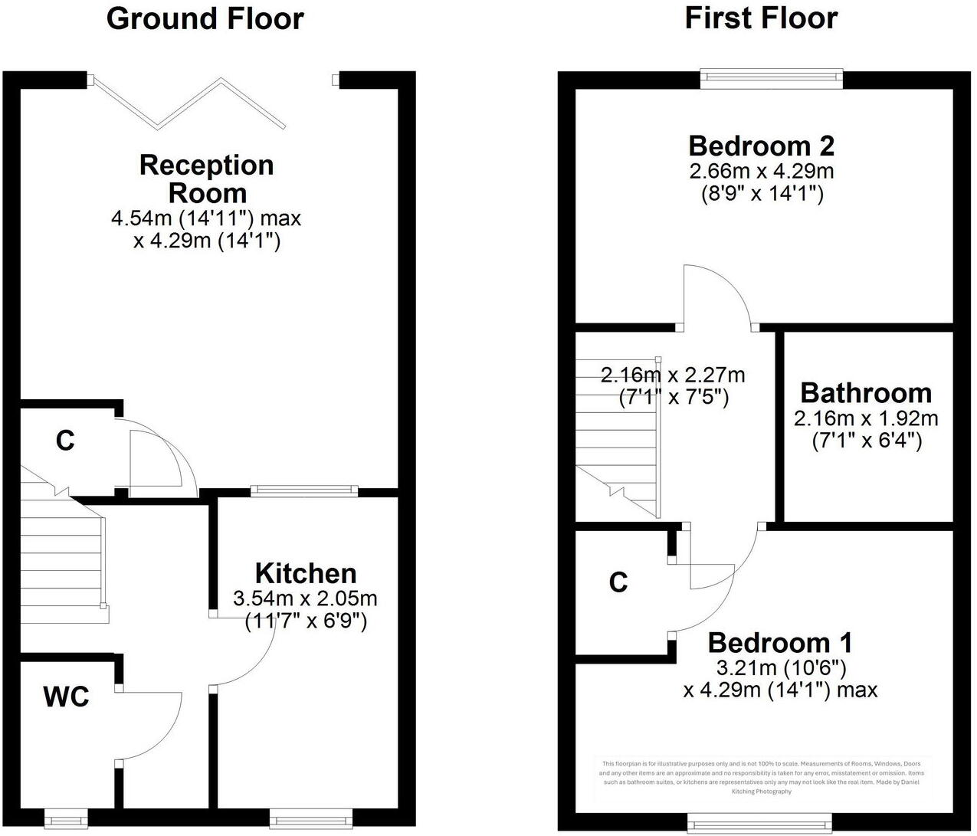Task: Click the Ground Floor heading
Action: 205,18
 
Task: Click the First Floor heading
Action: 761,18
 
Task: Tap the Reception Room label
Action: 206,179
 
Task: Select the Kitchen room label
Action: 306,573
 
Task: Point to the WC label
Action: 66,697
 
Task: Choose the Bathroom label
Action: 866,393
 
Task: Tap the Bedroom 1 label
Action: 779,642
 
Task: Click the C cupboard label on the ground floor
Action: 65,441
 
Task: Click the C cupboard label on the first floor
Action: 618,583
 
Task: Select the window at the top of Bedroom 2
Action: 771,77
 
